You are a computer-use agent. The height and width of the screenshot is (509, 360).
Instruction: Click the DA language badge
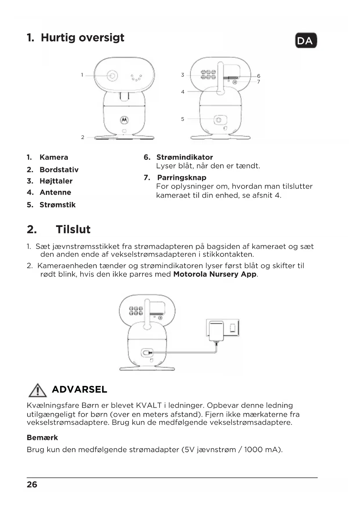[x=306, y=41]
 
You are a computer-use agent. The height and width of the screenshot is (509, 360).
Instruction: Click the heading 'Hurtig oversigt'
[x=82, y=37]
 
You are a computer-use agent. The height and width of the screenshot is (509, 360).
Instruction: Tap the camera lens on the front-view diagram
[x=112, y=76]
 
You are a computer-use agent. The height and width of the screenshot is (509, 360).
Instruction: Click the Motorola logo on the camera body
[x=124, y=120]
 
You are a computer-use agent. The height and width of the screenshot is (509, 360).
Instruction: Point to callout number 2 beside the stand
[x=83, y=137]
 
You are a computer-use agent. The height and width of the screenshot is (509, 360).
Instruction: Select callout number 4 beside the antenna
[x=182, y=92]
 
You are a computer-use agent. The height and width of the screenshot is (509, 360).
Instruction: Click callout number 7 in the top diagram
[x=258, y=82]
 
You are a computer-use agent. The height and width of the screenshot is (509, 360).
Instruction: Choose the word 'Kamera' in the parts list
[x=54, y=157]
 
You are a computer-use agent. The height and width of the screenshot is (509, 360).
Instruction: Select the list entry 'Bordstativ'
[x=59, y=169]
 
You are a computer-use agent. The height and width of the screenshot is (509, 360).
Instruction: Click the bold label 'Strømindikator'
[x=184, y=157]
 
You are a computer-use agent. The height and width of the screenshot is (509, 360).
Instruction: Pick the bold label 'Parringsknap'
[x=182, y=178]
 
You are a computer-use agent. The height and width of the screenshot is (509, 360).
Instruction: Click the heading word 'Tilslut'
[x=73, y=229]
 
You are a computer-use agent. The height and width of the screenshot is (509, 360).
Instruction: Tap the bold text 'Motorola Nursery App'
[x=215, y=274]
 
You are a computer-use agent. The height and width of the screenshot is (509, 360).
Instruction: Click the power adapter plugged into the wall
[x=216, y=331]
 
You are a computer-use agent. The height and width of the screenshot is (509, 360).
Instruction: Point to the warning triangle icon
[x=37, y=390]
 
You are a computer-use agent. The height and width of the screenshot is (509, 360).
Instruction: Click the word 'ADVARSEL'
[x=79, y=389]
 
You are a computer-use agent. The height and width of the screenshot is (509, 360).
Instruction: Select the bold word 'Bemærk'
[x=42, y=438]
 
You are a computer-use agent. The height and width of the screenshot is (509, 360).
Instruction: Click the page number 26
[x=32, y=484]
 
